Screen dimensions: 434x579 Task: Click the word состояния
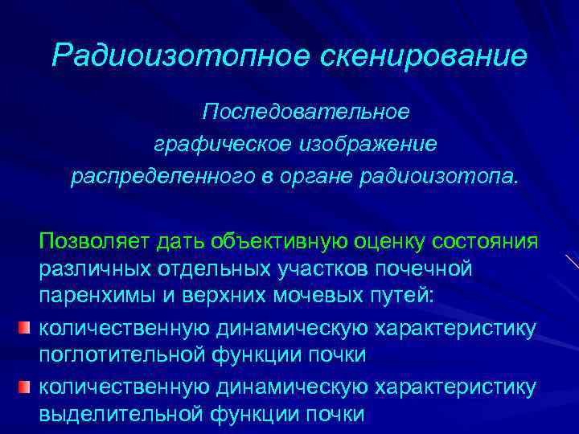486,241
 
